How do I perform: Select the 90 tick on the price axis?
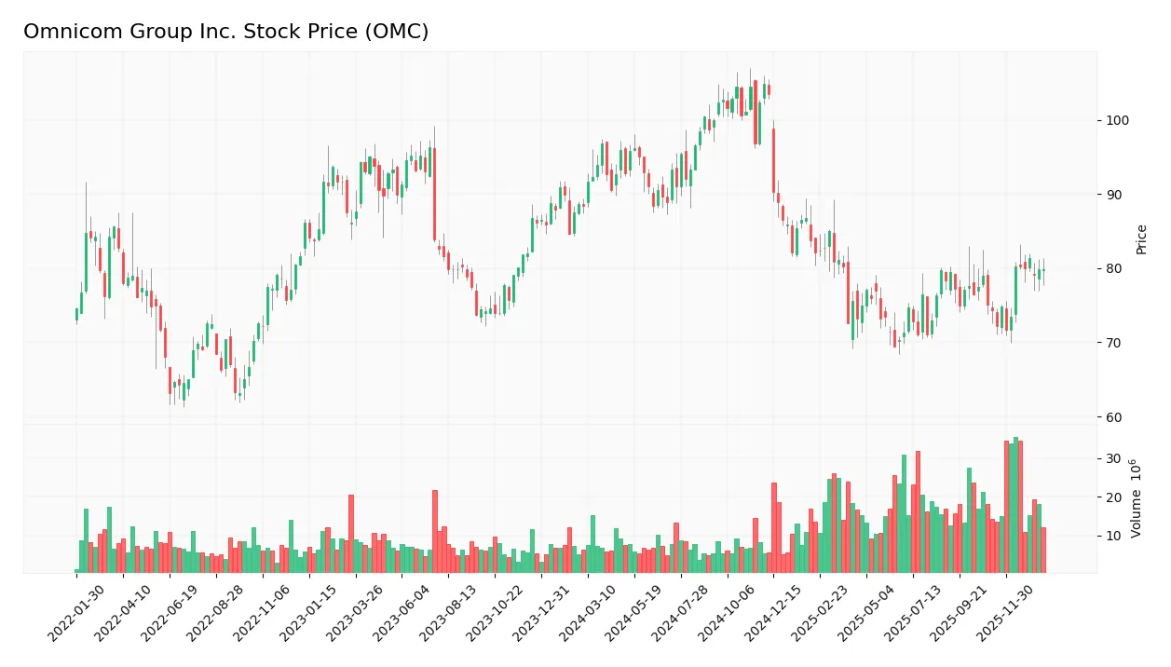point(1115,195)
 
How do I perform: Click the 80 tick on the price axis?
point(1115,268)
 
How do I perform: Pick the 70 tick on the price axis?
point(1115,343)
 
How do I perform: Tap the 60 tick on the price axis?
point(1115,416)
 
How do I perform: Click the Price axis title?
point(1141,239)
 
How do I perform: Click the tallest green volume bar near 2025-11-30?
point(1015,505)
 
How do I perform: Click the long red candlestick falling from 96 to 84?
point(434,194)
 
